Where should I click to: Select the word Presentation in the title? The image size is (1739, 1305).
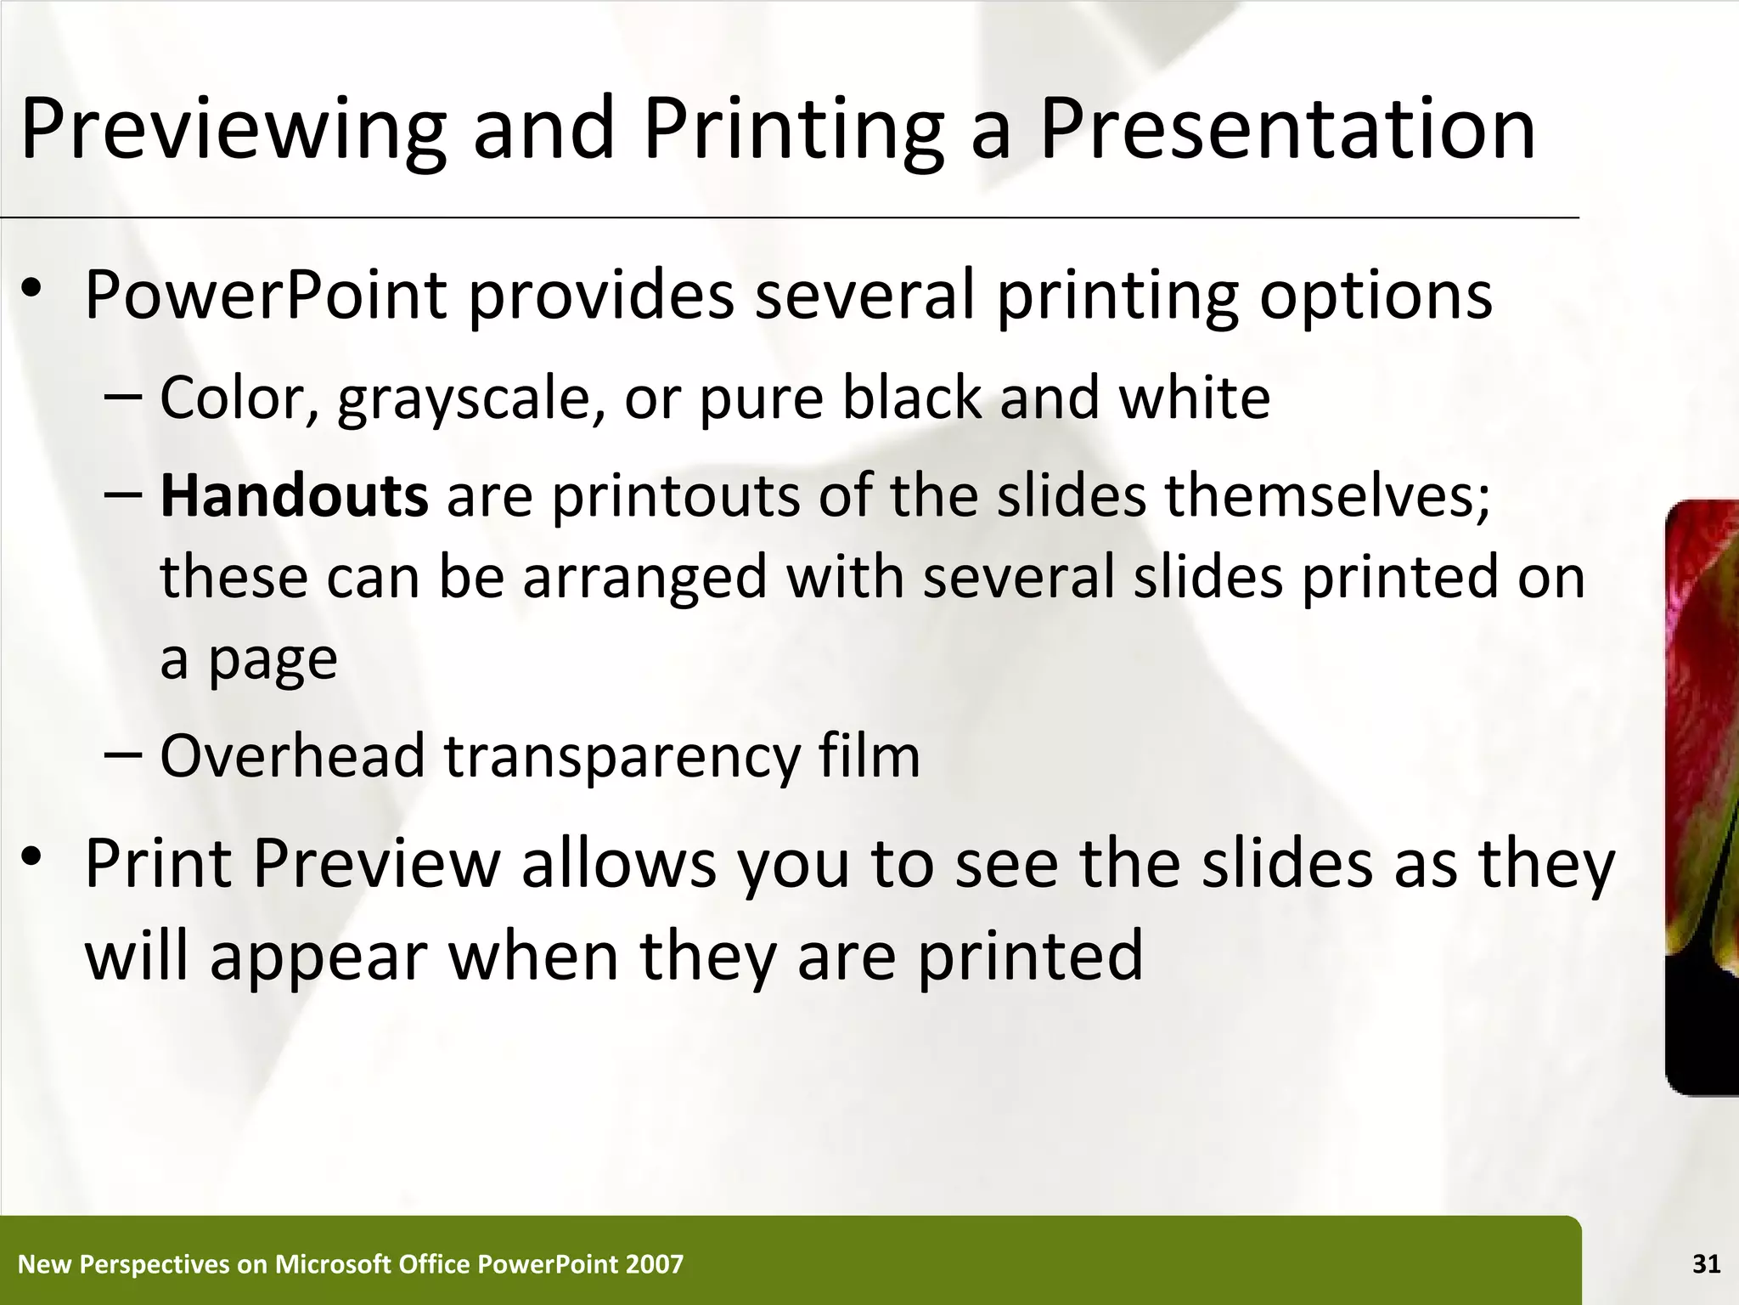point(1287,130)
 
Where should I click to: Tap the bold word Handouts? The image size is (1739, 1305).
point(294,496)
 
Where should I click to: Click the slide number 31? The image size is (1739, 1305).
point(1706,1264)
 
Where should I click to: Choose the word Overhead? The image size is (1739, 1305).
point(292,756)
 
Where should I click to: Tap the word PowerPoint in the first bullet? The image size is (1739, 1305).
point(266,295)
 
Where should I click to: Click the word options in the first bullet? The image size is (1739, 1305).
point(1376,297)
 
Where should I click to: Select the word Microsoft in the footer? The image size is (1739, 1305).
point(332,1264)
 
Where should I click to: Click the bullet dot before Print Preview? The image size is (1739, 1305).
point(32,858)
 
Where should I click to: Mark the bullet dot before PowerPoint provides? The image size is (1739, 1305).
point(32,290)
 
